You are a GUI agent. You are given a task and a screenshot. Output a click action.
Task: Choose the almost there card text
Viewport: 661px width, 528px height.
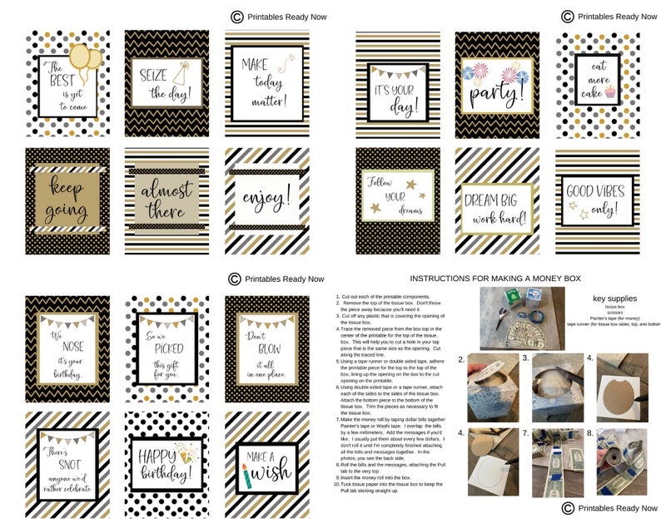click(x=166, y=200)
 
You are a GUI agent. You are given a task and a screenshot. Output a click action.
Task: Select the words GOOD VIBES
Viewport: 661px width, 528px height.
click(x=597, y=190)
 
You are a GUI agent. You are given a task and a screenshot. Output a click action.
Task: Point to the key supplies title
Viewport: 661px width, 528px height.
click(x=614, y=297)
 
